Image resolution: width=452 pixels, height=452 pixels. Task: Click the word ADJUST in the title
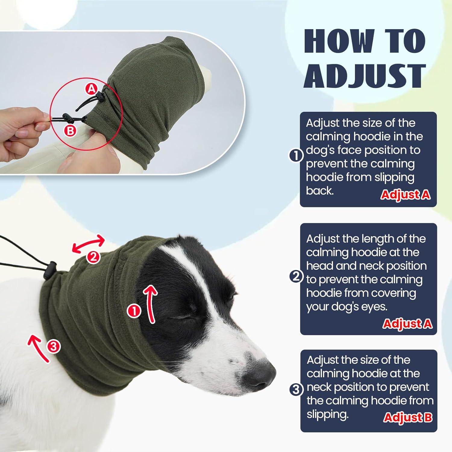click(365, 76)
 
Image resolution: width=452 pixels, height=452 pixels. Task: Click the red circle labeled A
click(92, 89)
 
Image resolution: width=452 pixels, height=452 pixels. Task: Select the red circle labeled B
click(70, 131)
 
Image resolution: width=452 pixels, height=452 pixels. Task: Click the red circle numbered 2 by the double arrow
click(93, 257)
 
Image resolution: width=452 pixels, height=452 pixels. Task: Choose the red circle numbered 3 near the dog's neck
click(53, 347)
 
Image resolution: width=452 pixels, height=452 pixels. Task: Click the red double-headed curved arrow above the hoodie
click(88, 244)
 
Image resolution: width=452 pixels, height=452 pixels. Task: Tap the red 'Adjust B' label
click(408, 417)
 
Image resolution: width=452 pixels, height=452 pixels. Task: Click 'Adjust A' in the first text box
click(405, 195)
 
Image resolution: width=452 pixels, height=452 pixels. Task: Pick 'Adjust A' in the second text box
click(407, 324)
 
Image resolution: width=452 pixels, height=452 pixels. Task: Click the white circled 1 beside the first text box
click(296, 156)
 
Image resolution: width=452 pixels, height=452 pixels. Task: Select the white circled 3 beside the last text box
click(296, 390)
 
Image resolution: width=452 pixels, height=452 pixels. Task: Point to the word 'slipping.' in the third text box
click(328, 414)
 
